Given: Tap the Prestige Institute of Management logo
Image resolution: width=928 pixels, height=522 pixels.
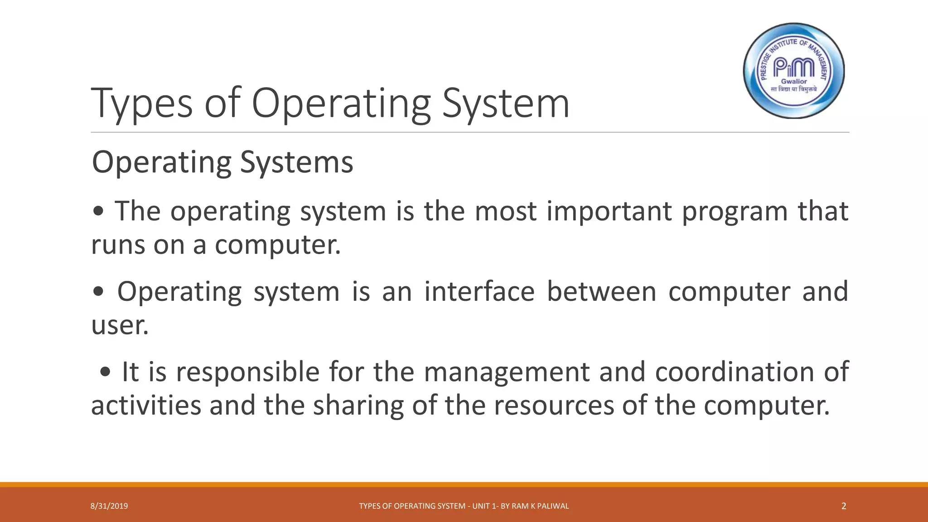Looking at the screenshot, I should coord(794,71).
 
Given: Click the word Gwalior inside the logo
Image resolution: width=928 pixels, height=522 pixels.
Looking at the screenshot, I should coord(794,82).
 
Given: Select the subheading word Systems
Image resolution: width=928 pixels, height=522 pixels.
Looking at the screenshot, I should coord(296,162).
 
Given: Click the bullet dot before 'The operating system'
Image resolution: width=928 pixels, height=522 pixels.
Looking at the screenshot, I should coord(98,212).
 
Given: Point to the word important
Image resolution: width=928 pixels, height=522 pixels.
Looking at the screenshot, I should coord(609,212).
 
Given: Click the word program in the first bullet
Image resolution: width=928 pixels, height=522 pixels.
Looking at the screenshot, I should coord(735,212).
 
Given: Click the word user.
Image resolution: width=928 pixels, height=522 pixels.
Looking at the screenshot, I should coord(120,325).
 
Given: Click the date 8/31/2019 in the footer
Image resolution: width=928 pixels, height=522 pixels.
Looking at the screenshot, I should coord(109,506).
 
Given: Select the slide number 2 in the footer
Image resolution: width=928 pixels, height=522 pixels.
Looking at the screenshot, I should coord(843,506).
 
